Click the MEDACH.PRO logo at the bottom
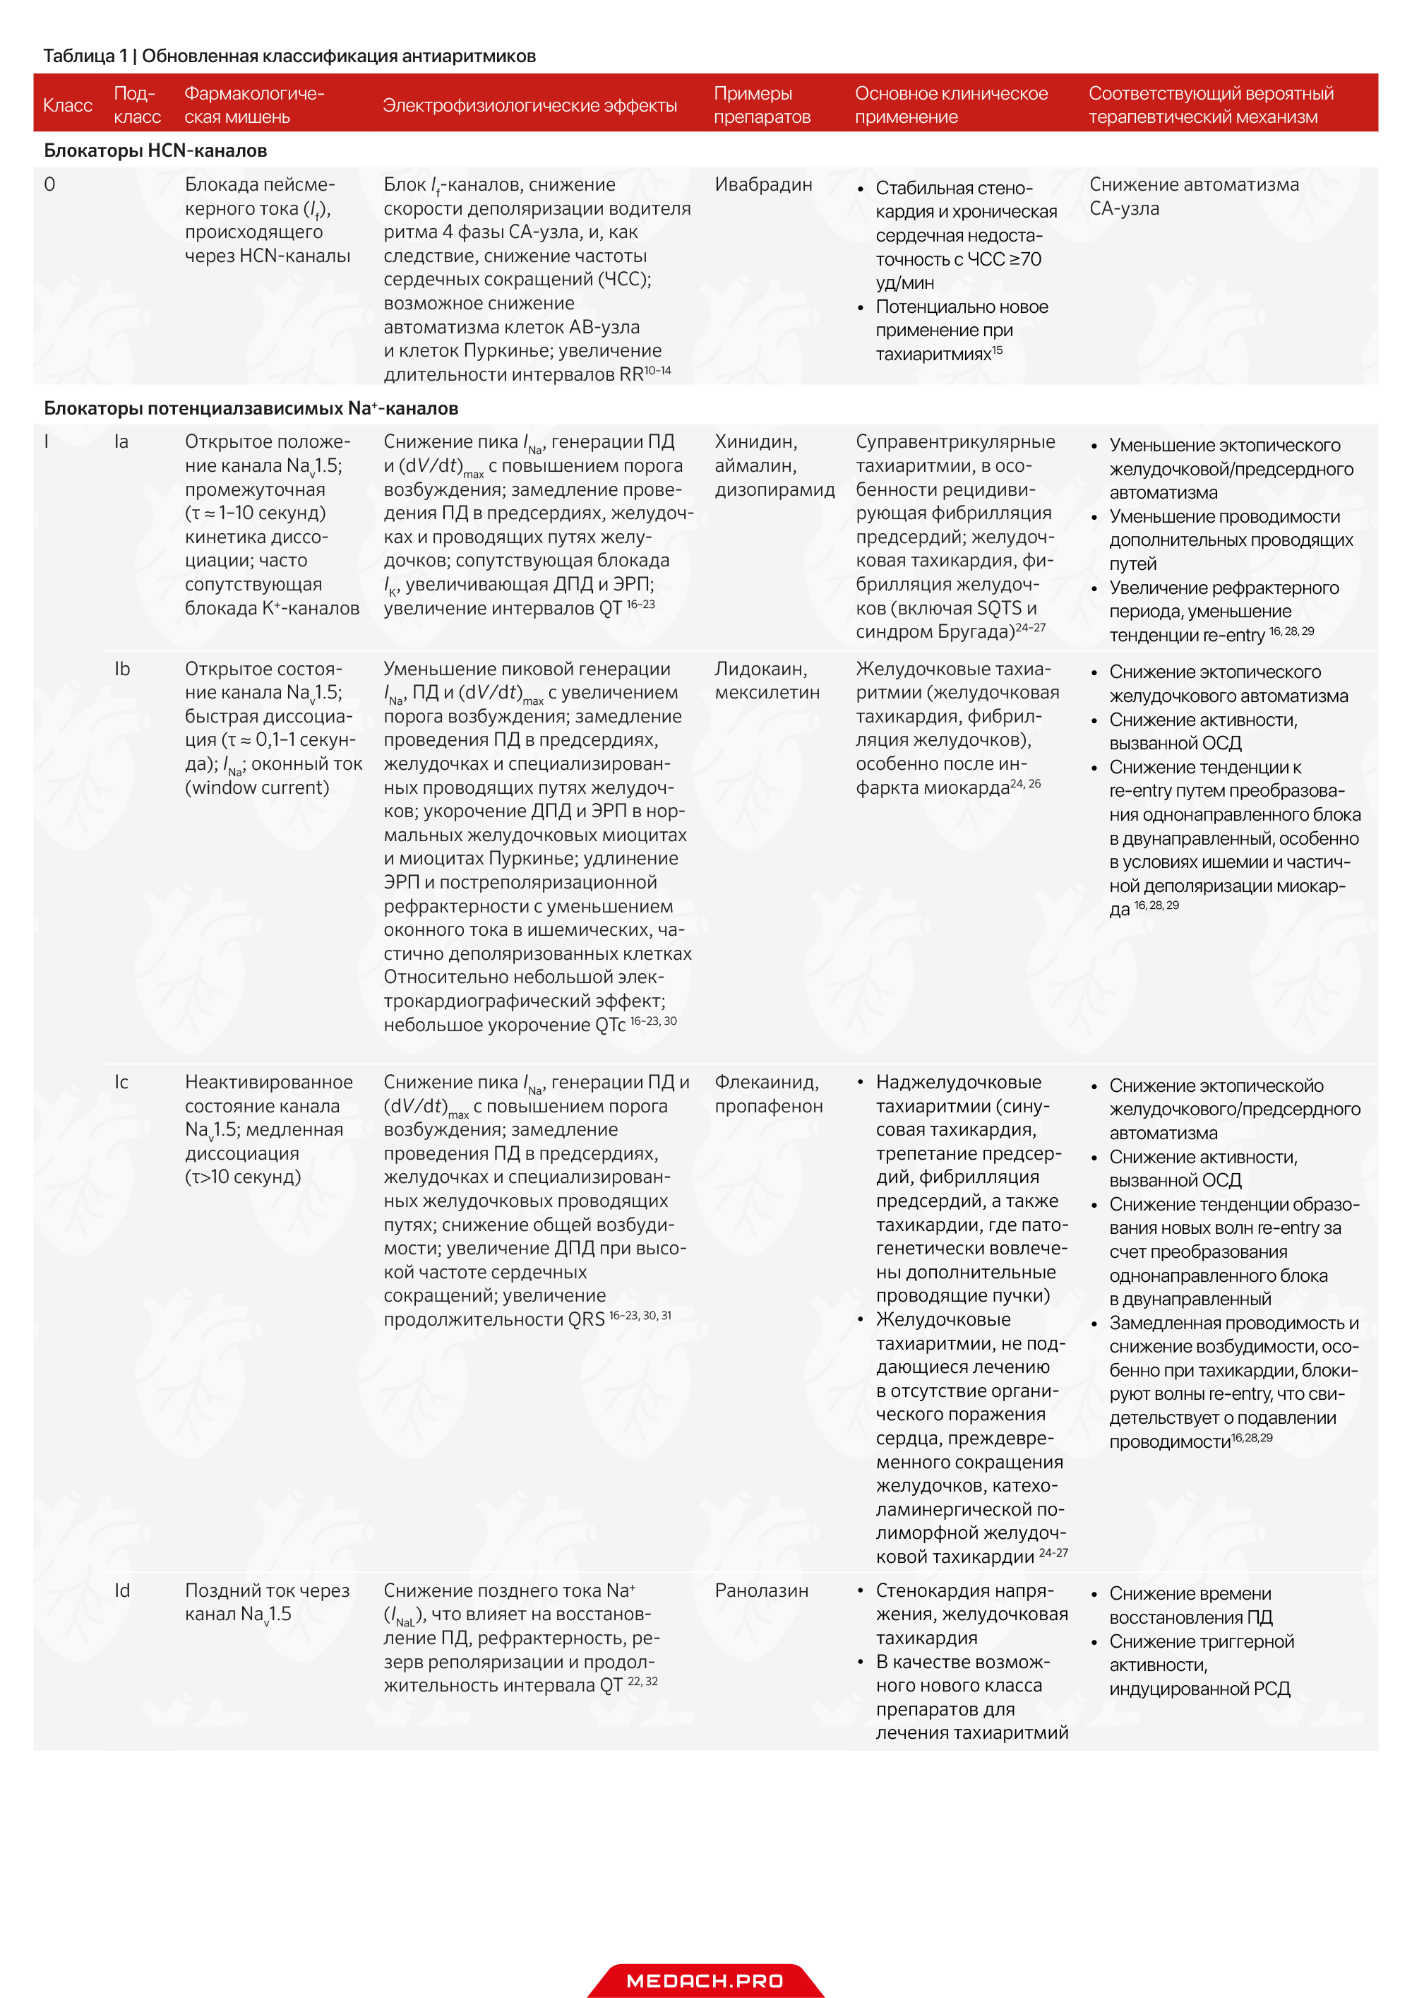coord(705,1980)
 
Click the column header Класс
coord(68,105)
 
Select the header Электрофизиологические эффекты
coord(529,105)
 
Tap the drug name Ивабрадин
coord(763,184)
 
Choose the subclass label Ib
coord(123,668)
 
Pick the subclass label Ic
coord(122,1082)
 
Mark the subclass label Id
coord(123,1590)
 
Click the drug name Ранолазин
coord(761,1590)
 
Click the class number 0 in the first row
coord(49,184)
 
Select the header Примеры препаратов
coord(762,105)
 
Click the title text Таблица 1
coord(85,56)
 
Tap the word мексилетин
coord(767,693)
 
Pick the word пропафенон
coord(768,1106)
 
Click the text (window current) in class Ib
coord(257,787)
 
